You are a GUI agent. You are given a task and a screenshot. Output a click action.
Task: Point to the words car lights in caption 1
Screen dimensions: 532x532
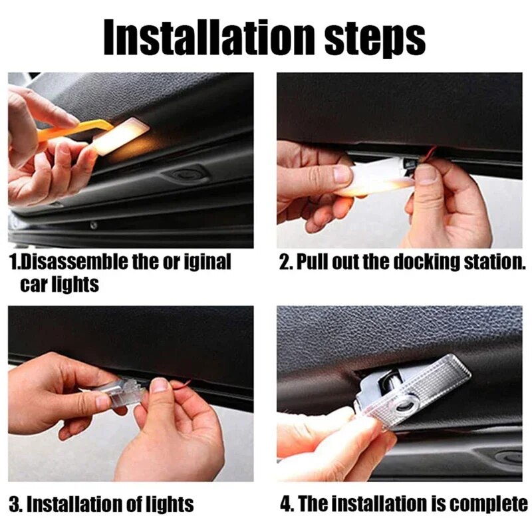point(59,284)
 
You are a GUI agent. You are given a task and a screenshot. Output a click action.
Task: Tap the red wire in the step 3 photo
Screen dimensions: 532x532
point(178,384)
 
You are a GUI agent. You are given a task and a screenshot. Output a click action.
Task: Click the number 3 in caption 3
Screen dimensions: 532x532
point(13,503)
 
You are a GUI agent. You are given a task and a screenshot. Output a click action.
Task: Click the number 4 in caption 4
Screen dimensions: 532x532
point(286,503)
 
